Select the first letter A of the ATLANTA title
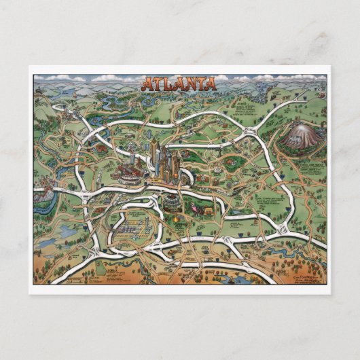point(147,85)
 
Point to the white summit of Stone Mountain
point(299,126)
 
